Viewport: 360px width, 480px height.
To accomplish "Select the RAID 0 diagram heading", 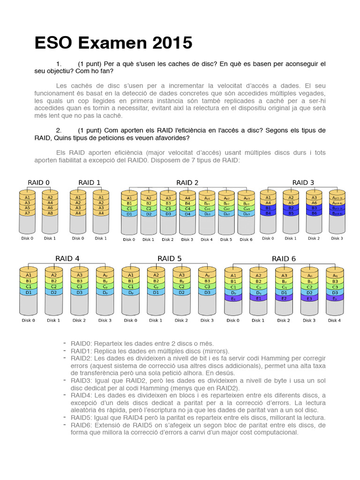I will click(x=38, y=182).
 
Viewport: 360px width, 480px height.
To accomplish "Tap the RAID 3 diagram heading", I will click(x=303, y=182).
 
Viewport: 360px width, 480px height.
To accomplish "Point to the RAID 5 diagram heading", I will click(x=169, y=258).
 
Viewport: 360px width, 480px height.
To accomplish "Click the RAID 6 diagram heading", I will click(x=284, y=259).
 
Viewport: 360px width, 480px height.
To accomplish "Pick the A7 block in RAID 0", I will click(x=28, y=213).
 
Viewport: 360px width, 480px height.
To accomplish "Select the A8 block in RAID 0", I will click(x=51, y=213).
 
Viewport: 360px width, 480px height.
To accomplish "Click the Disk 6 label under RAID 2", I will click(x=246, y=240).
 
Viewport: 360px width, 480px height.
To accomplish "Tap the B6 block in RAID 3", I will click(x=314, y=213).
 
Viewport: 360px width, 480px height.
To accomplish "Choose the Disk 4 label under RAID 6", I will click(x=334, y=321).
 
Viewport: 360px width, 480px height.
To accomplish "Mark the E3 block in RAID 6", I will click(x=309, y=298).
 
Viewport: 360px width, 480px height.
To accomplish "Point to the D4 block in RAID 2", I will click(x=187, y=214).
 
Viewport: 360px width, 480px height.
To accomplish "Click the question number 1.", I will click(x=59, y=63).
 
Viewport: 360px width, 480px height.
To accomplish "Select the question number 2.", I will click(x=59, y=130).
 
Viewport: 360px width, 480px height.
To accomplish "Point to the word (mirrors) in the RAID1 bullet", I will click(x=213, y=351).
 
